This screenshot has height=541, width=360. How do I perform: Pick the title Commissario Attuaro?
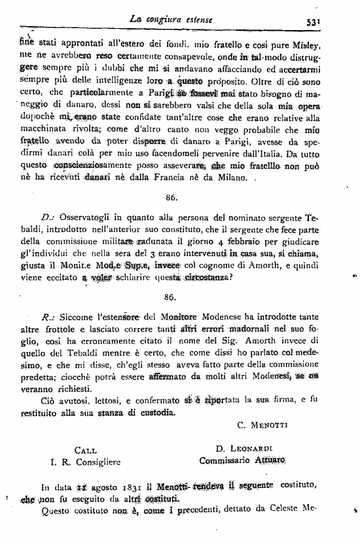tap(243, 462)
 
